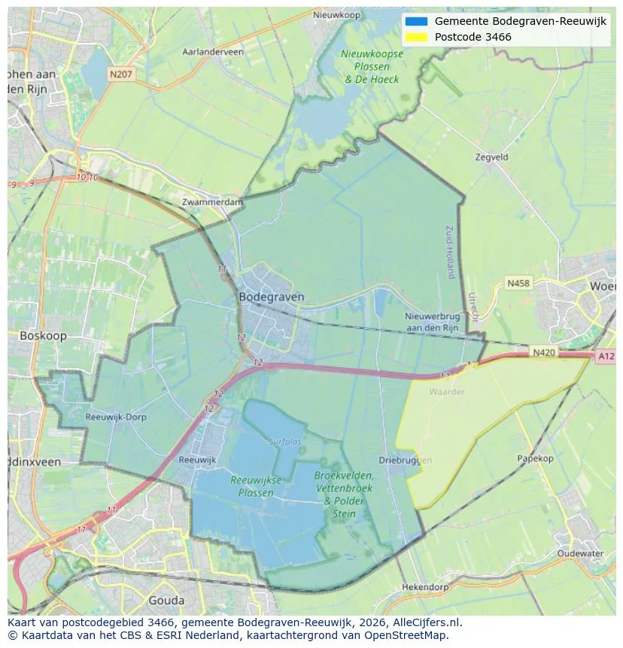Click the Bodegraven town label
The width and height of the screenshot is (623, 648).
(271, 297)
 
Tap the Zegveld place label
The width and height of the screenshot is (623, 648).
(492, 157)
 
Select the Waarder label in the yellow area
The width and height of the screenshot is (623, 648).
(447, 391)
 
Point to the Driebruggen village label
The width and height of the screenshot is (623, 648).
(405, 460)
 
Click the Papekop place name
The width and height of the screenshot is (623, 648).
(535, 458)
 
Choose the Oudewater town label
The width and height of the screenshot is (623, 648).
(580, 553)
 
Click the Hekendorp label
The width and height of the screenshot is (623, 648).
(425, 586)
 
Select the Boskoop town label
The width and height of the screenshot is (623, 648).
(43, 336)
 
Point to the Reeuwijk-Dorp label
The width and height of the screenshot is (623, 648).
(116, 416)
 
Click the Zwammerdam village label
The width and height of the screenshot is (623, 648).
(213, 202)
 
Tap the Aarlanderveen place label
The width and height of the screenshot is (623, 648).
(213, 52)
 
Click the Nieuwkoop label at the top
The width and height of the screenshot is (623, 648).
(336, 15)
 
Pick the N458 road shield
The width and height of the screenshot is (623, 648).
(518, 283)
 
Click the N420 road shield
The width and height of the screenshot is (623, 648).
(543, 351)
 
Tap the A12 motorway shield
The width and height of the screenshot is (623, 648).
(606, 356)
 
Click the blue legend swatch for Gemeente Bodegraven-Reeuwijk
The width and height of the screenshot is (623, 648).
(415, 21)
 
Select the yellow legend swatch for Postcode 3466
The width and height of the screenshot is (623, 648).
(415, 37)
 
